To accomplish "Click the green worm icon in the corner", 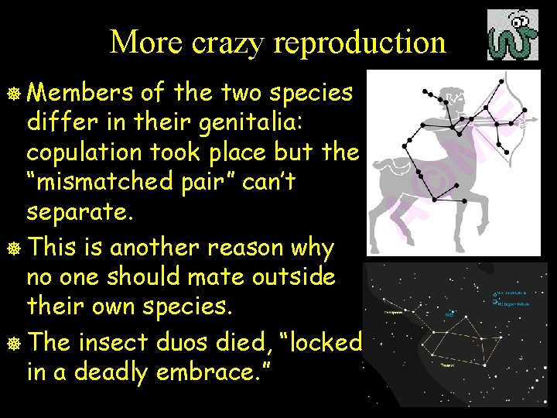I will click(512, 36).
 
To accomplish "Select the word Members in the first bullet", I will click(77, 93).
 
